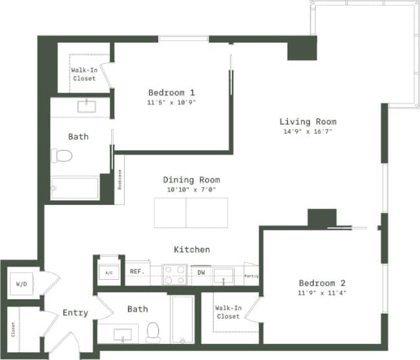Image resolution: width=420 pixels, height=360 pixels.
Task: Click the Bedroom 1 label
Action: pyautogui.click(x=171, y=92)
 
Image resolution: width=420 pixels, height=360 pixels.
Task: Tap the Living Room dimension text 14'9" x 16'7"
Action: pyautogui.click(x=308, y=131)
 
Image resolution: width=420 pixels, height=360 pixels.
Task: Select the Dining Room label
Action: pyautogui.click(x=191, y=180)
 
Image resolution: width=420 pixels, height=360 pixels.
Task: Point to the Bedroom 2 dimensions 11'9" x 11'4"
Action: pyautogui.click(x=322, y=293)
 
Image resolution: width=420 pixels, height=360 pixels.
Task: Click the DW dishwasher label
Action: pyautogui.click(x=201, y=273)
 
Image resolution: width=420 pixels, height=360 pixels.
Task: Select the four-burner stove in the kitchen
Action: pyautogui.click(x=174, y=274)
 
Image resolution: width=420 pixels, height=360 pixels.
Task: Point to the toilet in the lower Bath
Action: pyautogui.click(x=153, y=332)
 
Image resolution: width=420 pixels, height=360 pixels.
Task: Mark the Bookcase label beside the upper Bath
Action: pyautogui.click(x=120, y=179)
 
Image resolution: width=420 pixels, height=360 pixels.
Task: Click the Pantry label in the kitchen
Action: pyautogui.click(x=251, y=276)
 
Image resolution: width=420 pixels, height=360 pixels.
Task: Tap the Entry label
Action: pyautogui.click(x=75, y=313)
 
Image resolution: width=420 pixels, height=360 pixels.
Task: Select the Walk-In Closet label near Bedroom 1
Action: pyautogui.click(x=83, y=74)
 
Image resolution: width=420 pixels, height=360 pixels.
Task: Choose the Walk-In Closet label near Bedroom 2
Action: pyautogui.click(x=228, y=312)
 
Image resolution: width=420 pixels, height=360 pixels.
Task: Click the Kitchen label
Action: pyautogui.click(x=192, y=249)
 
